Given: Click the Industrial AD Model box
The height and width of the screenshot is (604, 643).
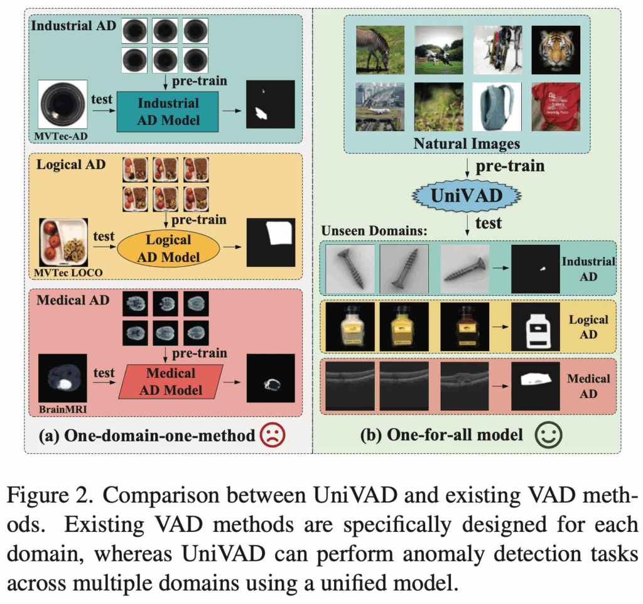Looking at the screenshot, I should (168, 111).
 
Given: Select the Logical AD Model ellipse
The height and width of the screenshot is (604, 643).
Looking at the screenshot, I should (168, 248).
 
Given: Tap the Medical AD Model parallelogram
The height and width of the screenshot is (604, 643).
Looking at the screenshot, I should (171, 382).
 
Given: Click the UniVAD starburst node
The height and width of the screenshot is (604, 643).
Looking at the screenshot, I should (467, 196).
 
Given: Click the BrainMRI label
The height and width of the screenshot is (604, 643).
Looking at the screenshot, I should (63, 409).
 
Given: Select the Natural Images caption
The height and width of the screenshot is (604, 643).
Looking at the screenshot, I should (467, 144).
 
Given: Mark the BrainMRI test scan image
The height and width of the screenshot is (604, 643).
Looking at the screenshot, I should (63, 378).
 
